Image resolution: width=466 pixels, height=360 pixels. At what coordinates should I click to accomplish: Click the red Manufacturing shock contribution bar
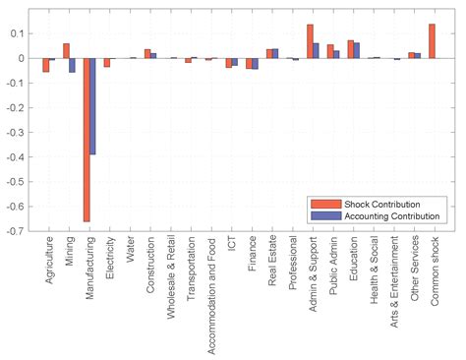tap(87, 139)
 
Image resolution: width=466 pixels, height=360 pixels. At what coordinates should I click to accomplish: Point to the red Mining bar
tap(66, 51)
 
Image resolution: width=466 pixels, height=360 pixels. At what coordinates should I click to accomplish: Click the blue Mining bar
tap(73, 65)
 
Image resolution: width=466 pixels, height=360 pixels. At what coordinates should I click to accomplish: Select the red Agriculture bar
tap(45, 65)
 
